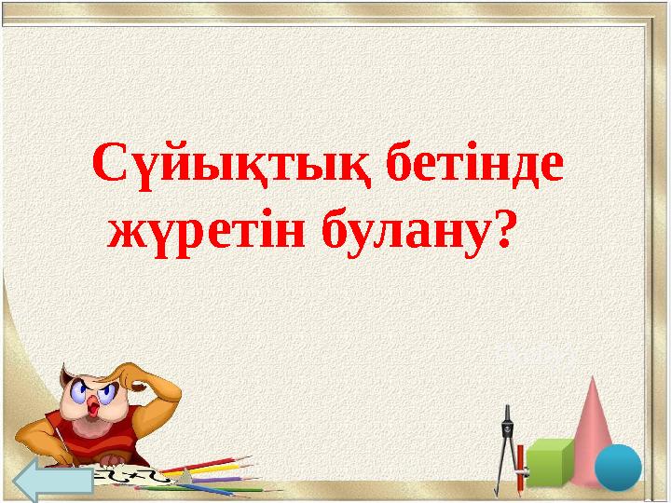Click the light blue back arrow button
(x=53, y=481)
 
